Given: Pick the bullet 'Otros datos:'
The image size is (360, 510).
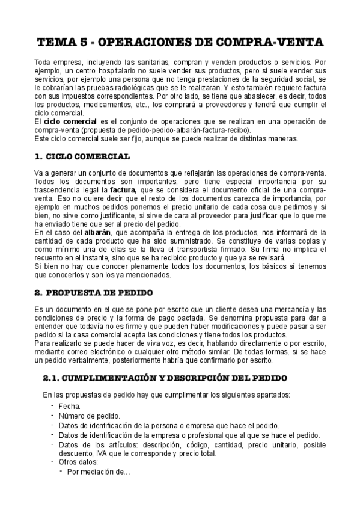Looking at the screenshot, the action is click(78, 462).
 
